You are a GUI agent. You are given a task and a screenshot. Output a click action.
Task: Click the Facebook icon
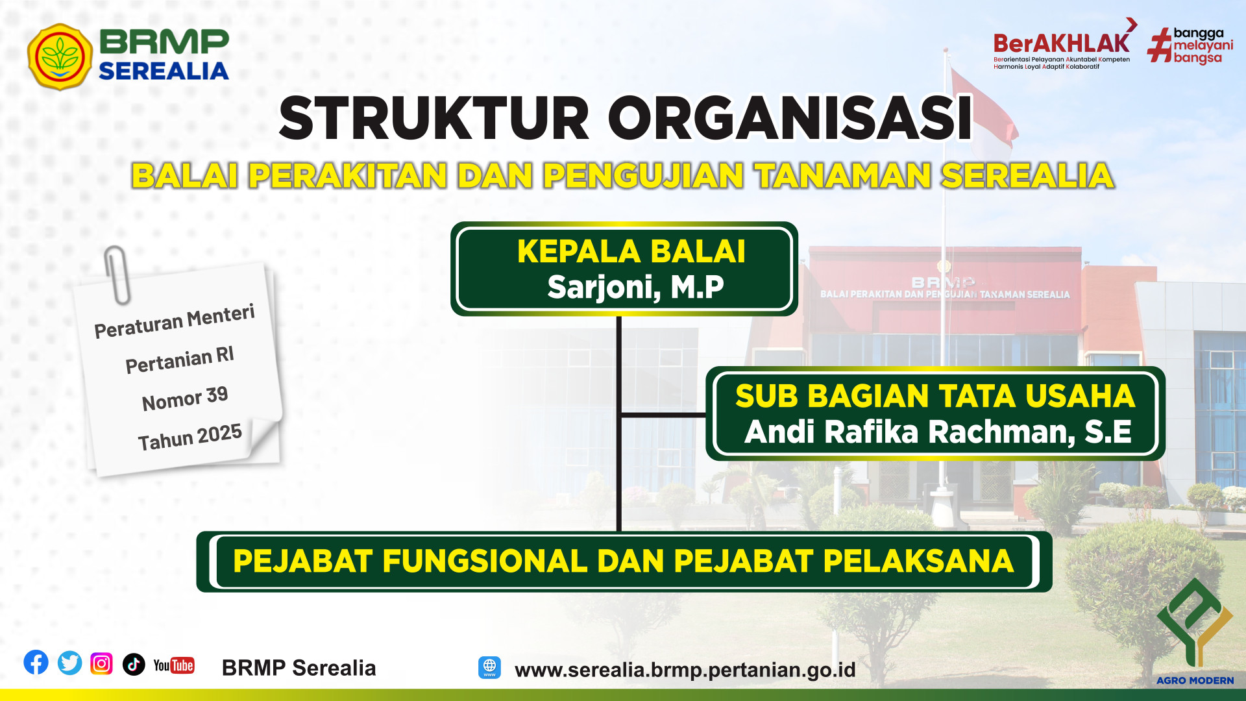click(36, 663)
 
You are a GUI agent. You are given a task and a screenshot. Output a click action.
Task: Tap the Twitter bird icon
click(69, 663)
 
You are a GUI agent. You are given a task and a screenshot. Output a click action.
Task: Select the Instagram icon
click(101, 663)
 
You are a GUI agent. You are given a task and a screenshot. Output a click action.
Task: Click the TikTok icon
click(134, 664)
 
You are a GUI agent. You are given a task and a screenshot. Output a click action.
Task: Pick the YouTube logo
click(174, 665)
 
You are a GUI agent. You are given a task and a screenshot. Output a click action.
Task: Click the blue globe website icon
click(490, 667)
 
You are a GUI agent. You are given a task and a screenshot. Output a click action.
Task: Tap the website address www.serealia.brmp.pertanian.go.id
click(685, 669)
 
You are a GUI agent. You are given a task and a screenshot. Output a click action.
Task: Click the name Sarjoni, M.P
click(635, 287)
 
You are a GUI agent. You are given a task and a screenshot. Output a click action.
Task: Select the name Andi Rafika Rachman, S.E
click(938, 432)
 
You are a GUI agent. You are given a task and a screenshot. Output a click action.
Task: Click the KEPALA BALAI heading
click(631, 251)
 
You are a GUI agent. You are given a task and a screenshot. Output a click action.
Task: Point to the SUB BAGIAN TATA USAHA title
click(935, 396)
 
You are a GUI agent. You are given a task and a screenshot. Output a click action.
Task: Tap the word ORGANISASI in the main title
click(790, 118)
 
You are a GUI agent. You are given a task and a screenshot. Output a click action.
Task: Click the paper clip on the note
click(117, 275)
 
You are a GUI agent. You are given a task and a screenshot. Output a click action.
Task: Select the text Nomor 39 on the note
click(185, 398)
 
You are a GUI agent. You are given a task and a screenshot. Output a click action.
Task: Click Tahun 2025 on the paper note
click(189, 437)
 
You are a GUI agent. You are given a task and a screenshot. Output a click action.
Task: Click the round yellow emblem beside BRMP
click(60, 56)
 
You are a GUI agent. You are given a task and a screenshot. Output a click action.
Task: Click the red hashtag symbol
click(1160, 45)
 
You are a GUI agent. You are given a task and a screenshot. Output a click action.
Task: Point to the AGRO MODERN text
click(1195, 680)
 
